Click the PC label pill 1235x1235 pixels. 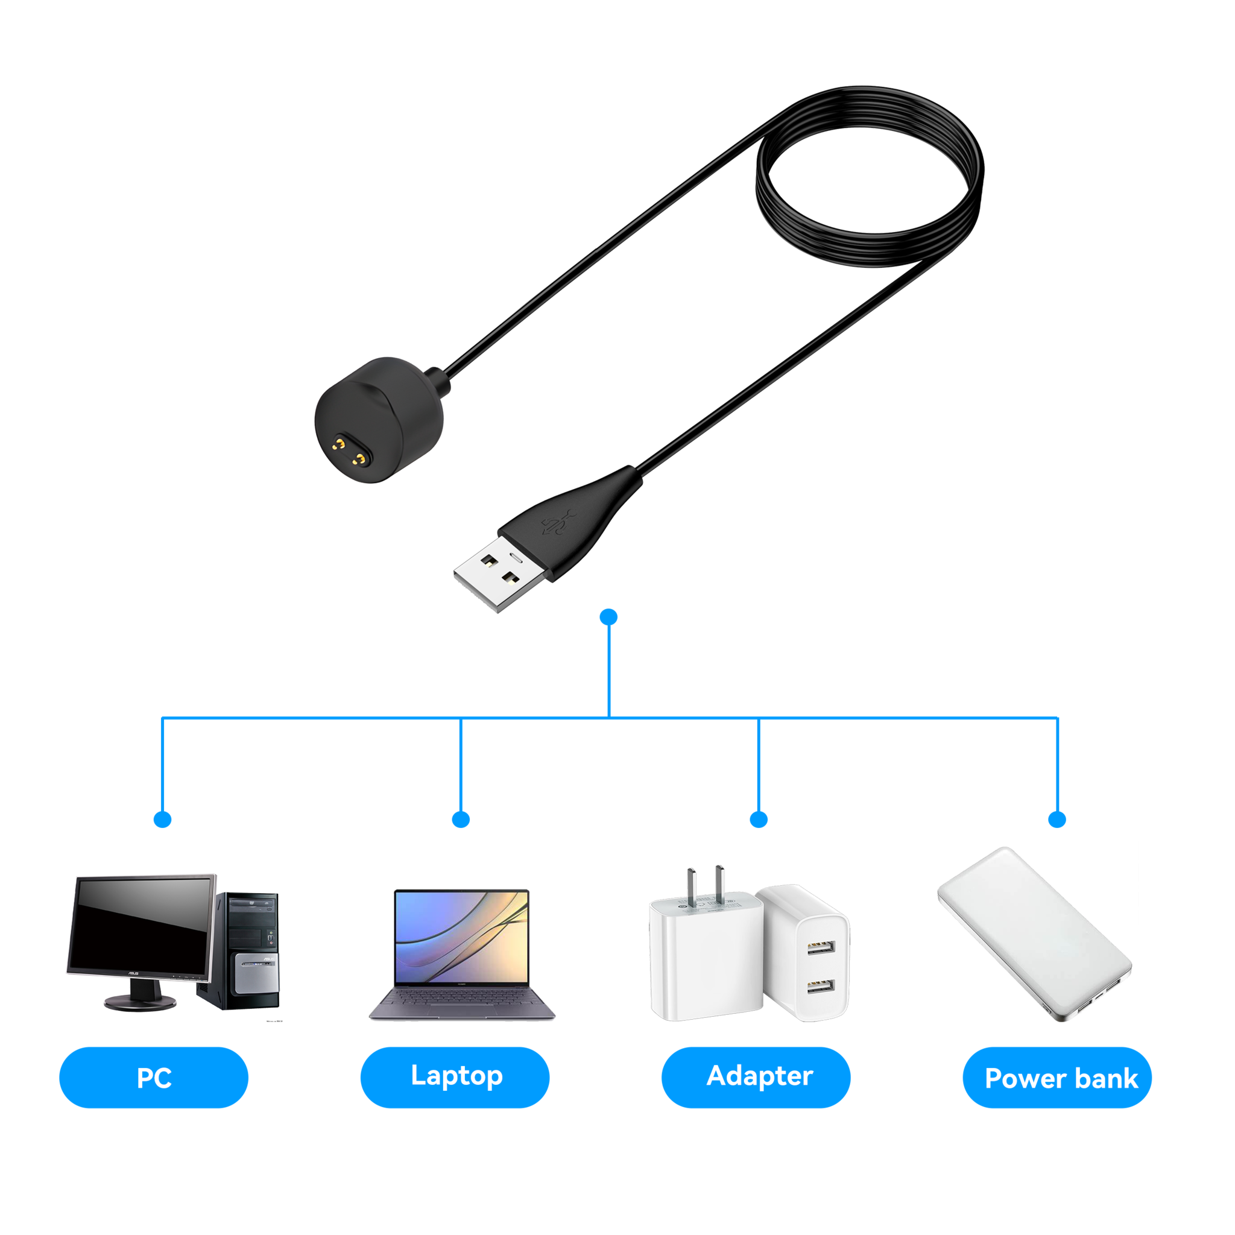(x=153, y=1078)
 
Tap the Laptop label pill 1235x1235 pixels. (x=455, y=1076)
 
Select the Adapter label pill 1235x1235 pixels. (x=756, y=1076)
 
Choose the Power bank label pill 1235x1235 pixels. (x=1058, y=1078)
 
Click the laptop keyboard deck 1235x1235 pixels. (x=461, y=1003)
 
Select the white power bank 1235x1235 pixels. (x=1034, y=933)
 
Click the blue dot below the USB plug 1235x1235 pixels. (x=609, y=617)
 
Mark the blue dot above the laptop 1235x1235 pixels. (x=461, y=819)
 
